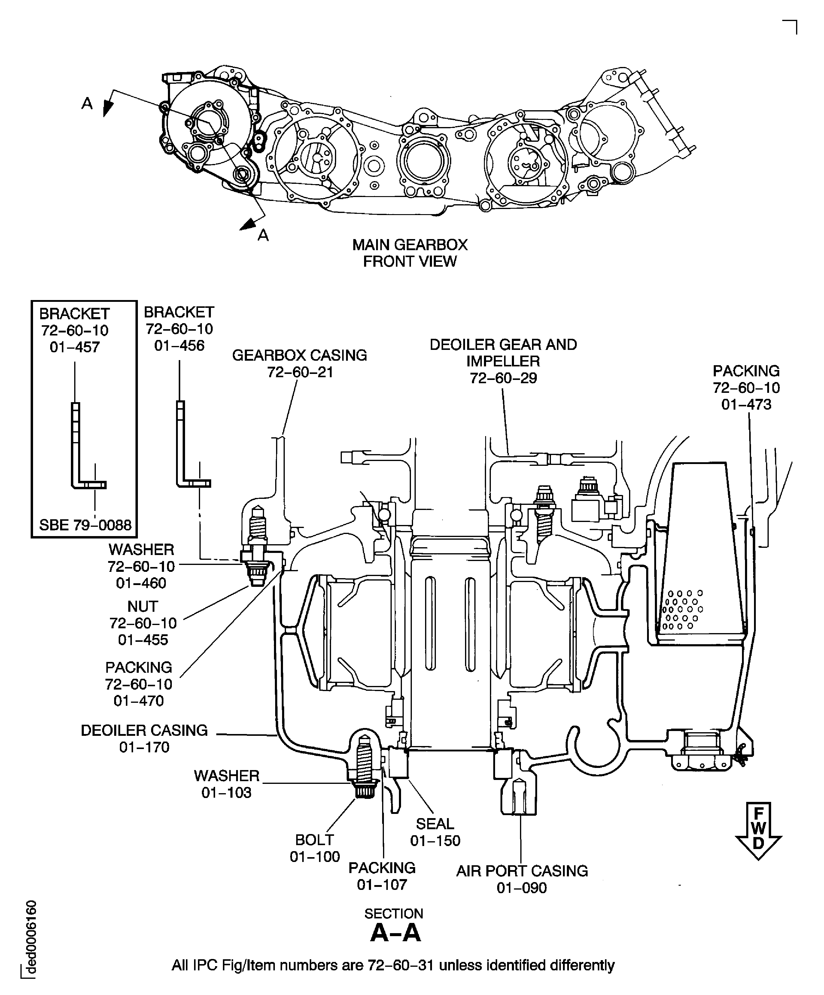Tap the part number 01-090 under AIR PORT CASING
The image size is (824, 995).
522,887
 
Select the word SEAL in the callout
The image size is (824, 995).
435,824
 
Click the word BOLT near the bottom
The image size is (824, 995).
315,840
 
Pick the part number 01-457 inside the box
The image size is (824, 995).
75,347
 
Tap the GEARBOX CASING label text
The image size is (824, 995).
299,355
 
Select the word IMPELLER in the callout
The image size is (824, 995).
503,361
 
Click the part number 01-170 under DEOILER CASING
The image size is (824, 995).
144,747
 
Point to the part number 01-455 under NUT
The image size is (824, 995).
143,640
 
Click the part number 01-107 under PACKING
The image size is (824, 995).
382,884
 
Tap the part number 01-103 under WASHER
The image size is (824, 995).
227,792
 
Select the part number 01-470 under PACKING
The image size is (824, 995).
139,700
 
